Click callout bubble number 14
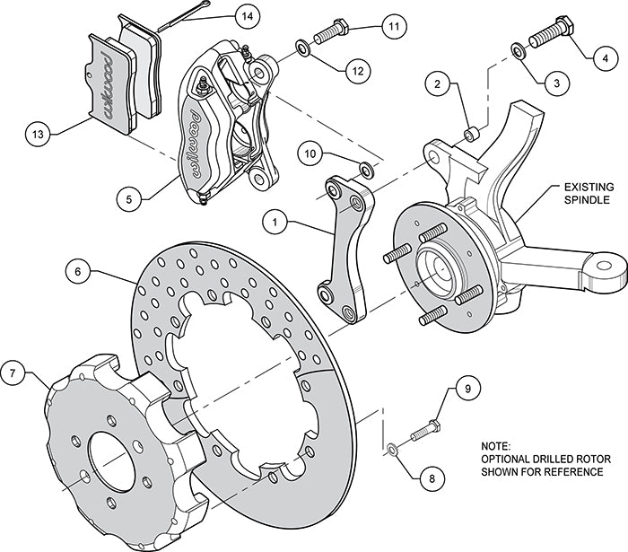246,15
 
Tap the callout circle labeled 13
37,135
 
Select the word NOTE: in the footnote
496,445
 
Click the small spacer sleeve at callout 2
472,135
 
